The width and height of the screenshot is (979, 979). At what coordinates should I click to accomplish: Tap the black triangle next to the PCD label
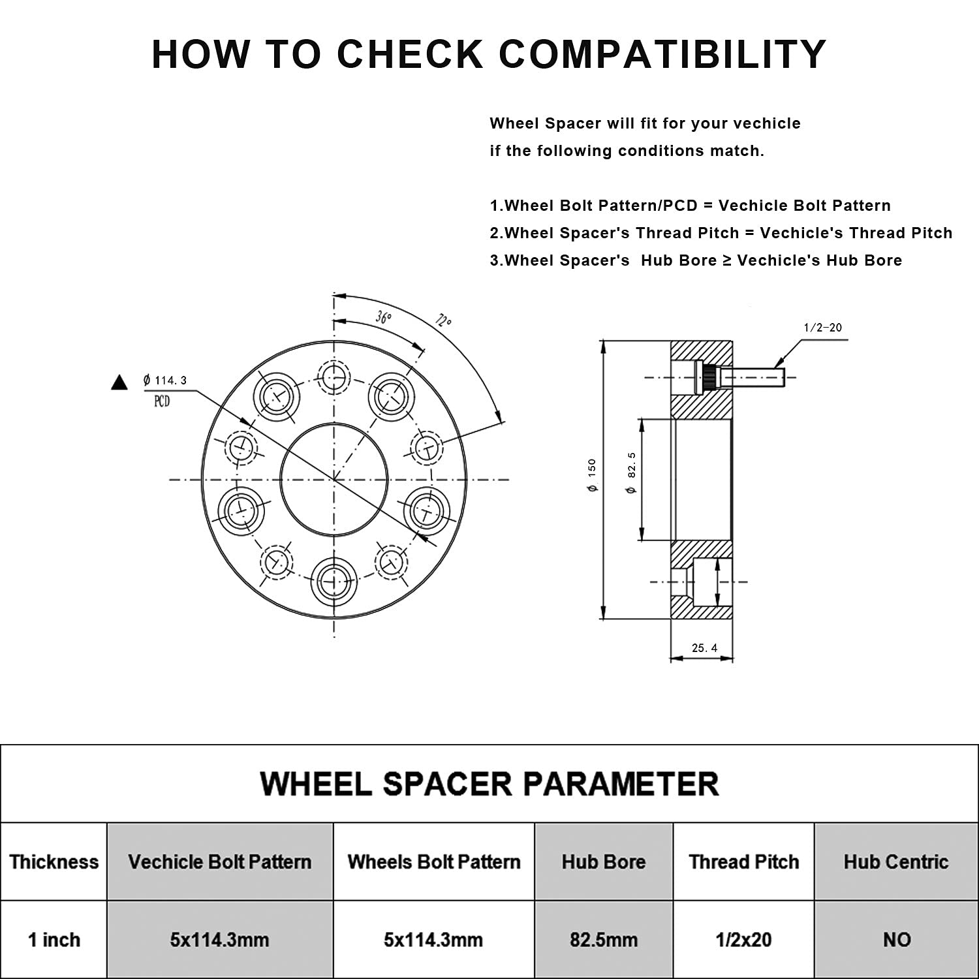pyautogui.click(x=119, y=382)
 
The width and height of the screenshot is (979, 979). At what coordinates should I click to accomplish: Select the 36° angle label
pyautogui.click(x=383, y=317)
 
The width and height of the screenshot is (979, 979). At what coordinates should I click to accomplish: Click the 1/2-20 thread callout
pyautogui.click(x=823, y=328)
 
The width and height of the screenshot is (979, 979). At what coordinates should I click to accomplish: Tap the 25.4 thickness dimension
pyautogui.click(x=704, y=648)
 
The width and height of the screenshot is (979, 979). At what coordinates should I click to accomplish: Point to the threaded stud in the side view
pyautogui.click(x=751, y=377)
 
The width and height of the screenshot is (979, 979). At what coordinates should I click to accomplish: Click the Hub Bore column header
pyautogui.click(x=603, y=862)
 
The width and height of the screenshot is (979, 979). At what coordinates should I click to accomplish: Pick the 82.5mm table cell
pyautogui.click(x=603, y=940)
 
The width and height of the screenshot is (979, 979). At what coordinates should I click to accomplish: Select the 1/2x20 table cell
pyautogui.click(x=743, y=940)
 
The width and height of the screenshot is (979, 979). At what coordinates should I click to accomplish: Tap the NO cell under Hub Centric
pyautogui.click(x=896, y=940)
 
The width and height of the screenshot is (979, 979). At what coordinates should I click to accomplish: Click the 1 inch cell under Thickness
pyautogui.click(x=54, y=940)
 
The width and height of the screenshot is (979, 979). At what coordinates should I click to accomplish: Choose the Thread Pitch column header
pyautogui.click(x=743, y=862)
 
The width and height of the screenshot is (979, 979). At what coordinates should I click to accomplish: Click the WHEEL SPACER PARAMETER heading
pyautogui.click(x=489, y=783)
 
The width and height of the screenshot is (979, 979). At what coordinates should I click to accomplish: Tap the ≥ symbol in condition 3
pyautogui.click(x=726, y=260)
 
